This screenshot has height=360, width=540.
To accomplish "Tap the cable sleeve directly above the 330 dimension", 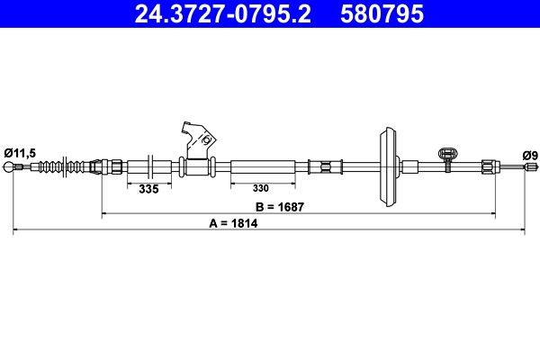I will click(x=262, y=167).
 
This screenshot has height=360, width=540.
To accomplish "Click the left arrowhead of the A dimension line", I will click(x=16, y=231).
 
